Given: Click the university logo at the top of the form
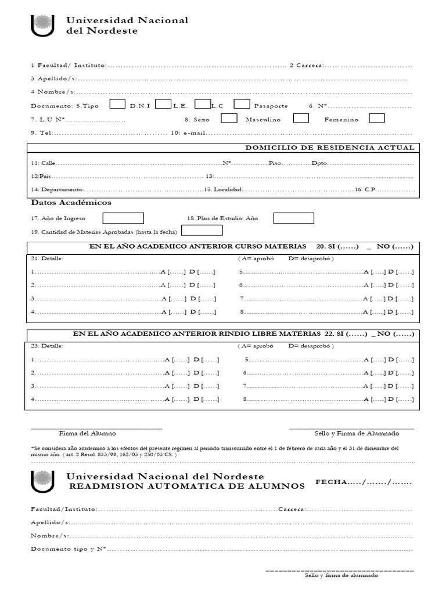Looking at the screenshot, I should (x=41, y=26).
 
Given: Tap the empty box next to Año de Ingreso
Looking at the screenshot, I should (x=123, y=218).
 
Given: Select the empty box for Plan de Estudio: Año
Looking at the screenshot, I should (x=293, y=218).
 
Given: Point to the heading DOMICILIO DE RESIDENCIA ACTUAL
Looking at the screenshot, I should (x=330, y=148).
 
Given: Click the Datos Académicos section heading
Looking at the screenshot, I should (x=71, y=203).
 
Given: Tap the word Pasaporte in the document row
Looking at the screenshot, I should (x=271, y=106).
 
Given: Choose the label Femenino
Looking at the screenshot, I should (x=341, y=120).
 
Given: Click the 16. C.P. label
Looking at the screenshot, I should (x=366, y=190).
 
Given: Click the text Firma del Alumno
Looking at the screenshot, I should (x=87, y=433).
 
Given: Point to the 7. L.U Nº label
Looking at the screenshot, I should (x=48, y=120).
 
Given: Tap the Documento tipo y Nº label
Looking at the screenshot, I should (x=69, y=549).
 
